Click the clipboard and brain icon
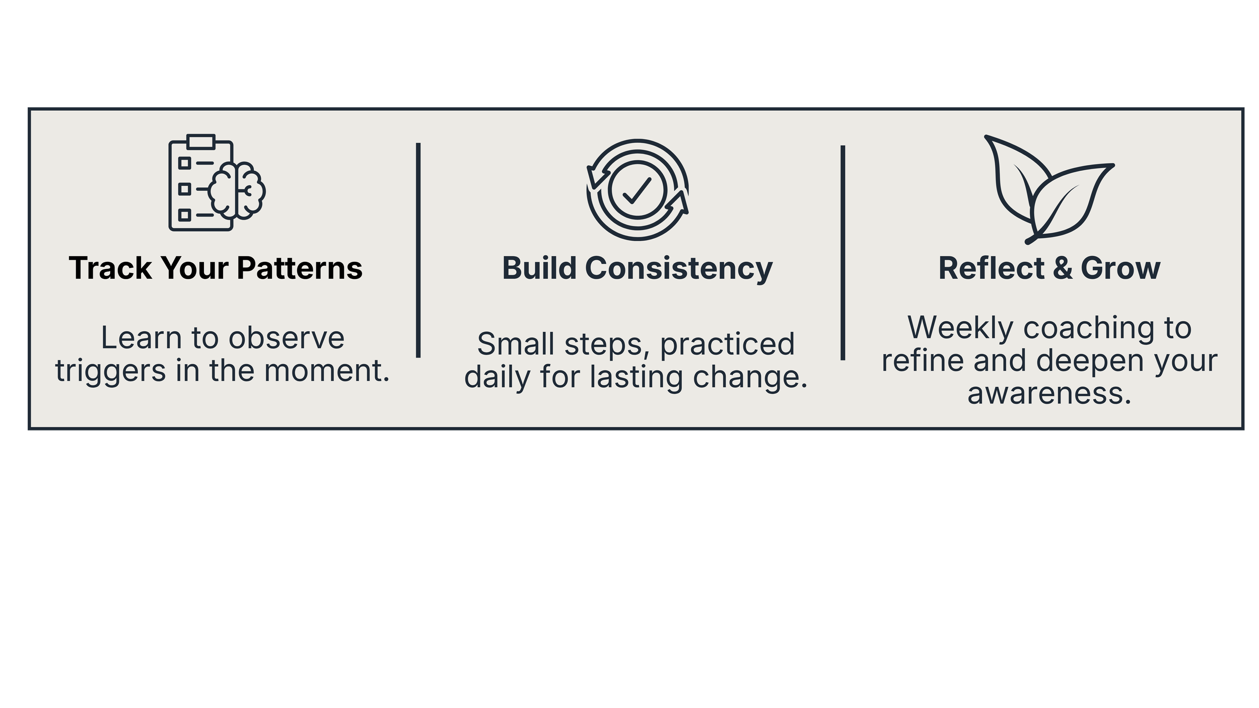tap(217, 183)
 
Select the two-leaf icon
tap(1047, 189)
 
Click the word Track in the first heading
tap(110, 268)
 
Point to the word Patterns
tap(300, 268)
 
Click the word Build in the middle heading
tap(539, 268)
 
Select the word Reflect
tap(991, 268)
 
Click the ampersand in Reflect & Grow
tap(1062, 268)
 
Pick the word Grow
tap(1120, 268)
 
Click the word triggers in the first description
tap(110, 372)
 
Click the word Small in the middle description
tap(516, 344)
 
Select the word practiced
tap(727, 345)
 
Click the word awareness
tap(1049, 393)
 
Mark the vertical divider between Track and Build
tap(418, 250)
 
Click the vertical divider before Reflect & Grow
tap(843, 253)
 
